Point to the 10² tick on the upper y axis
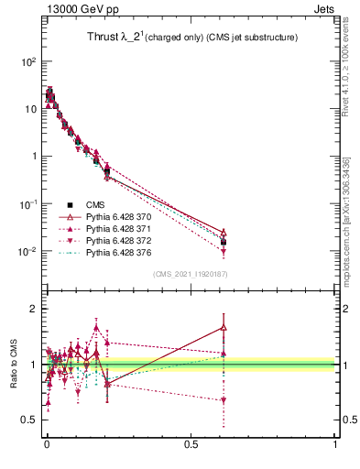pos(28,61)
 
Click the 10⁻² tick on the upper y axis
pos(28,251)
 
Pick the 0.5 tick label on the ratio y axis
pos(27,420)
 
